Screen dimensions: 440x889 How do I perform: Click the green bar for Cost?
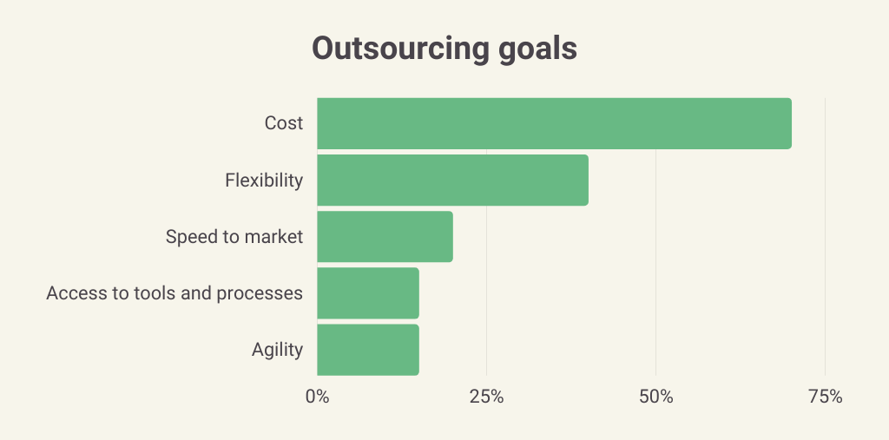pos(554,123)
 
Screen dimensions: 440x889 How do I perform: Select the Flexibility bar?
pos(452,181)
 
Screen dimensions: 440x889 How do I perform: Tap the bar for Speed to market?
pos(385,237)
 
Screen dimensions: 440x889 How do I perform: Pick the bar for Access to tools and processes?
pos(368,293)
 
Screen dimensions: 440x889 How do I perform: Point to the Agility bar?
pos(368,350)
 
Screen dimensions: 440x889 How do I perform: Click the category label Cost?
pos(284,123)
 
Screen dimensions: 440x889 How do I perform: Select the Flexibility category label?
pos(264,181)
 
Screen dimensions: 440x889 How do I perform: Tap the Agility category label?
pos(277,350)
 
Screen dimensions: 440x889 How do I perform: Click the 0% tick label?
pos(317,397)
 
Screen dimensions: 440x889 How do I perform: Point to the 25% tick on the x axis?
pos(486,397)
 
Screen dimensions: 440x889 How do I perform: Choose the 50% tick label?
pos(655,397)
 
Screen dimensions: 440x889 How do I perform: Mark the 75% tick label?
pos(825,397)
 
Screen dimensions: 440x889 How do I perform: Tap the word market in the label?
pos(275,237)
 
